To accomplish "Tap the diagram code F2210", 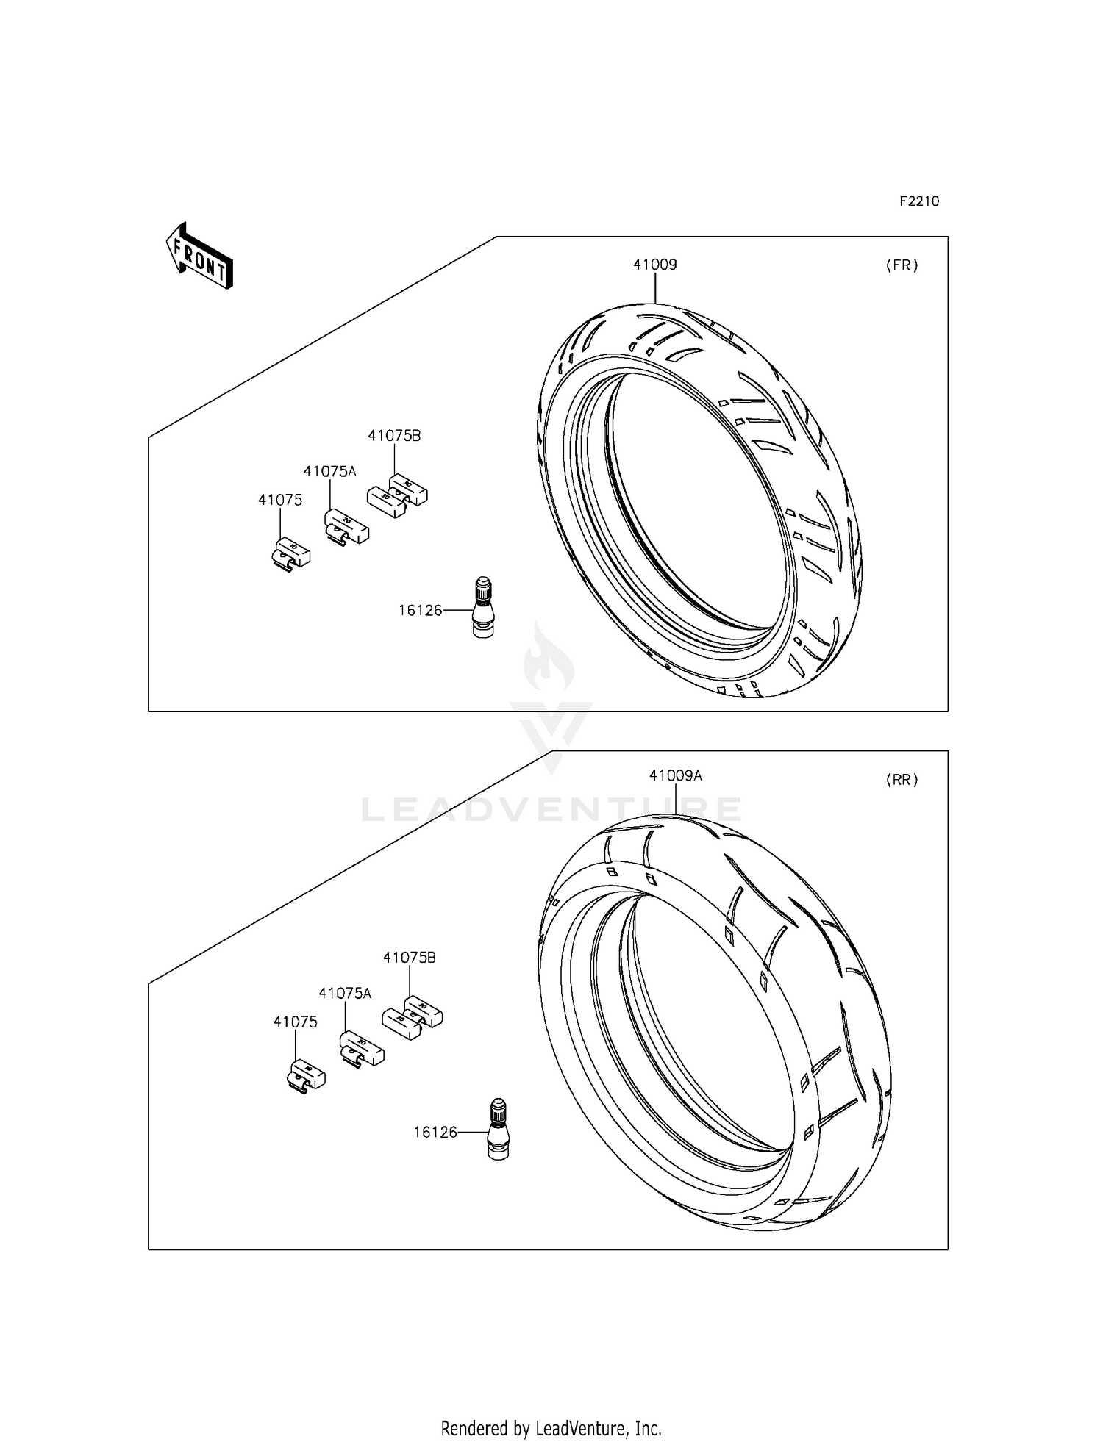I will coord(919,201).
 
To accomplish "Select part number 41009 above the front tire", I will coord(654,265).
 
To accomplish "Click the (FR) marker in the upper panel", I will coord(902,266).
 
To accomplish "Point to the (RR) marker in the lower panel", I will coord(902,781).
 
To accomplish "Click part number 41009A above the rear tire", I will coord(675,775).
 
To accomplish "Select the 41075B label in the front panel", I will coord(394,436).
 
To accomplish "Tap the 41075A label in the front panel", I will coord(329,472).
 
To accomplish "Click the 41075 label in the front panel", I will coord(279,501).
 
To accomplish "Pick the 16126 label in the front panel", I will coord(420,610).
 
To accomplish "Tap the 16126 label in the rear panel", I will coord(435,1133).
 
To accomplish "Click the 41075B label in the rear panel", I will coord(409,958).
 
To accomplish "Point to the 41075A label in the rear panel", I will coord(345,994).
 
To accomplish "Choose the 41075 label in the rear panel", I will coord(295,1022).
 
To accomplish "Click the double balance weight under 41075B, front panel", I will coord(397,495).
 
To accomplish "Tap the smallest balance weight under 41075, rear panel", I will coord(305,1075).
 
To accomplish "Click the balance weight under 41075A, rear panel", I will coord(361,1048).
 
